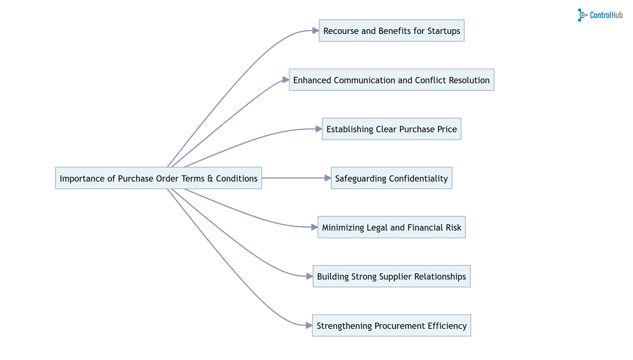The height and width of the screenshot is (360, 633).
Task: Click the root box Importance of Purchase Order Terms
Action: point(158,178)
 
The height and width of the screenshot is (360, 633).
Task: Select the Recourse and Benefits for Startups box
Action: point(392,31)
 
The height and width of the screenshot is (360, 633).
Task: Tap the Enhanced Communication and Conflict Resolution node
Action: point(392,80)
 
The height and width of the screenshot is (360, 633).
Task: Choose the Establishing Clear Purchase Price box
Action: point(392,129)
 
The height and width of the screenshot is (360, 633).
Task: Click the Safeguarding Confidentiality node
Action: point(392,178)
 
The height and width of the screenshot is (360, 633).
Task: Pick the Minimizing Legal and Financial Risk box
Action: point(392,227)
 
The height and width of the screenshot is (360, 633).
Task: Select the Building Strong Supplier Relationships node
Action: point(392,277)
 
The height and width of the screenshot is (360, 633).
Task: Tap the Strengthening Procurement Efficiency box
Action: point(392,325)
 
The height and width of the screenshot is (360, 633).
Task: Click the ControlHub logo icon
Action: point(582,15)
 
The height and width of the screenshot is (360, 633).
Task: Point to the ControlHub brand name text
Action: point(607,16)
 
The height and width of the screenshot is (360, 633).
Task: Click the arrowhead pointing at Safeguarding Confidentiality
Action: point(328,178)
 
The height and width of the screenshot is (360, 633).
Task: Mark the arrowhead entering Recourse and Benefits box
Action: point(315,31)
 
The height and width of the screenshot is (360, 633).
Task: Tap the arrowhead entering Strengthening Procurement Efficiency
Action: point(308,325)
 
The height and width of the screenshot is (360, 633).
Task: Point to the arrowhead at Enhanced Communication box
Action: point(285,80)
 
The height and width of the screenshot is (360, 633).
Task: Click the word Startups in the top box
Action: point(444,31)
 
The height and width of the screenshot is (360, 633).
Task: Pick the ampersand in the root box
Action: point(210,178)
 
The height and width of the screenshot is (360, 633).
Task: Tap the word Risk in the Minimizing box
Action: point(452,227)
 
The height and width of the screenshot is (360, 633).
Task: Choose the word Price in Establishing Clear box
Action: point(447,129)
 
